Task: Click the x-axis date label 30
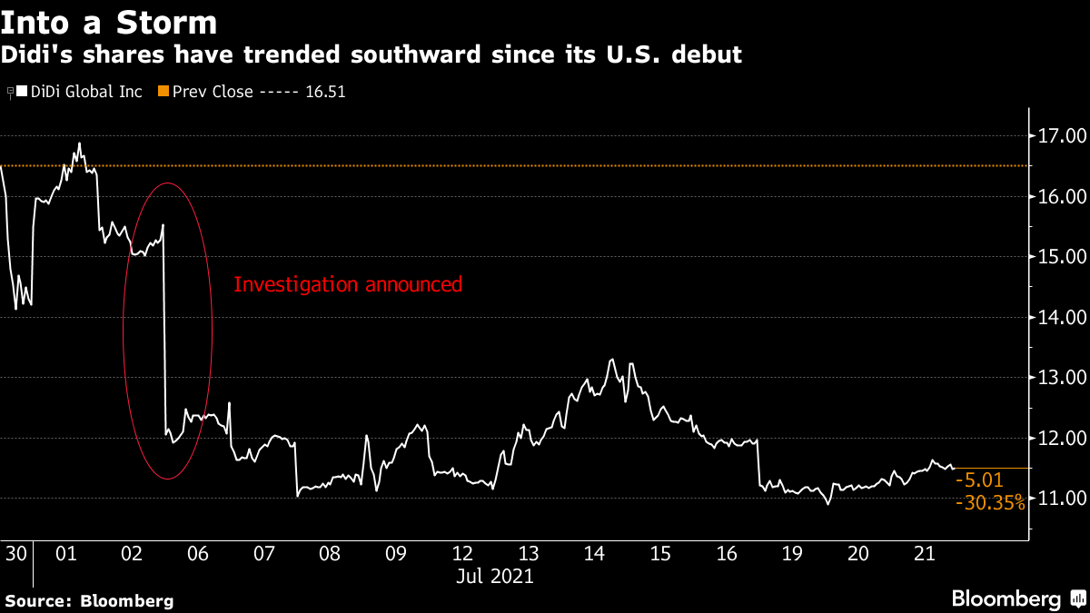15,553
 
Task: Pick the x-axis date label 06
197,553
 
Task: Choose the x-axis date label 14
594,553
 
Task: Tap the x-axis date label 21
924,553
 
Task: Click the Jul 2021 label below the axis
495,576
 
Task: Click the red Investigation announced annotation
348,284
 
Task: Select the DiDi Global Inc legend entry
82,92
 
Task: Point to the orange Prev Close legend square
163,92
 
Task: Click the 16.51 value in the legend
326,92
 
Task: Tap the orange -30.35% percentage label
990,503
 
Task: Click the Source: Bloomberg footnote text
89,600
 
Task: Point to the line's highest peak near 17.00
79,143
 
